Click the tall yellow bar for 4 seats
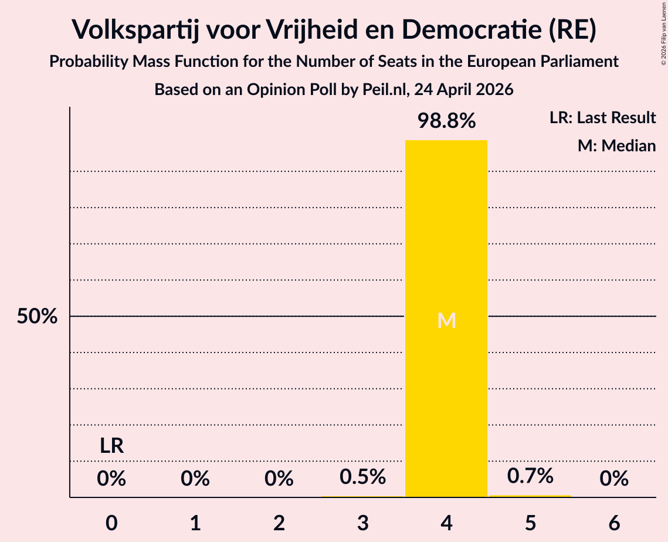pyautogui.click(x=446, y=319)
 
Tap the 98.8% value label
pyautogui.click(x=446, y=121)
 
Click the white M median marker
pyautogui.click(x=446, y=320)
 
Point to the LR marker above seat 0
pyautogui.click(x=111, y=446)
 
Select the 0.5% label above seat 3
pyautogui.click(x=362, y=476)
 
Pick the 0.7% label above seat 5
pyautogui.click(x=530, y=476)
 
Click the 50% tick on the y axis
pyautogui.click(x=37, y=316)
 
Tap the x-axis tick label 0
pyautogui.click(x=111, y=523)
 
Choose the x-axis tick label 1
pyautogui.click(x=195, y=523)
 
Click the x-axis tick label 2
pyautogui.click(x=279, y=523)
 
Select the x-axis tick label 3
pyautogui.click(x=362, y=523)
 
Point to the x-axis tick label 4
pyautogui.click(x=446, y=523)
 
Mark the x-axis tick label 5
pyautogui.click(x=530, y=523)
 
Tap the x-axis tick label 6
pyautogui.click(x=614, y=523)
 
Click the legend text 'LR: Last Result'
pyautogui.click(x=603, y=117)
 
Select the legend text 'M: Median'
pyautogui.click(x=617, y=145)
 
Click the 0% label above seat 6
pyautogui.click(x=614, y=479)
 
